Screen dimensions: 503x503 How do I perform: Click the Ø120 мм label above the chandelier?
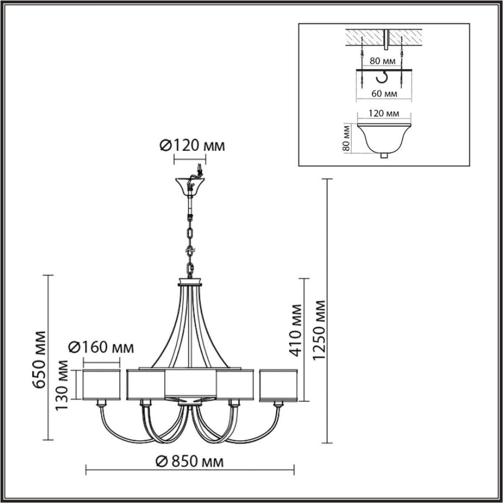tap(192, 146)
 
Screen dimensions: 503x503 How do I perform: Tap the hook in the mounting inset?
tap(382, 77)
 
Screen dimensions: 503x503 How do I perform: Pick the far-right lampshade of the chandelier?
tap(278, 385)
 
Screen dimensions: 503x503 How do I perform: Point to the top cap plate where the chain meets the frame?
tap(191, 282)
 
